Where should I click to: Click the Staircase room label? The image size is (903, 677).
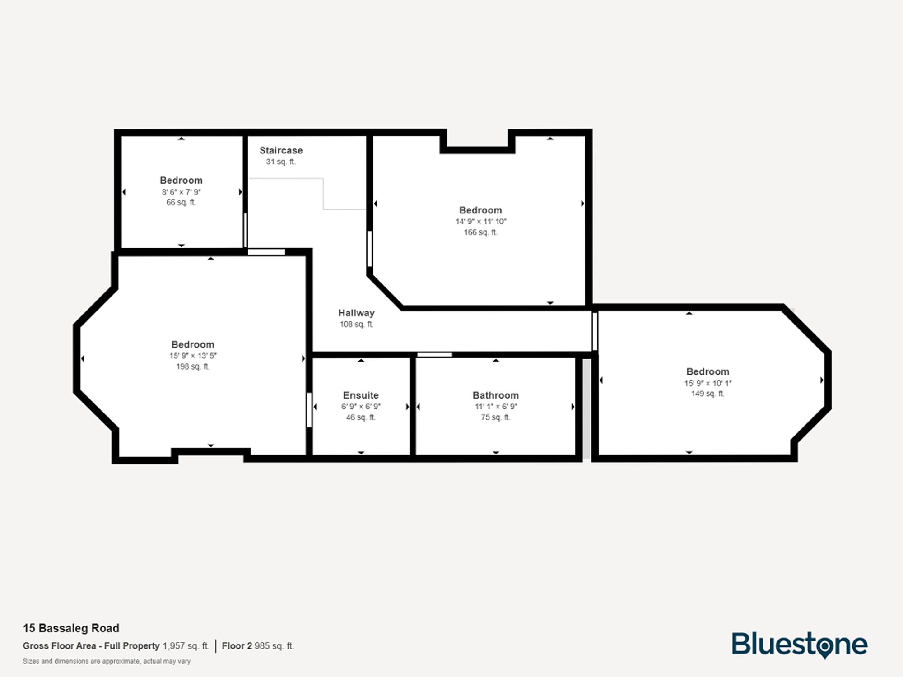[281, 150]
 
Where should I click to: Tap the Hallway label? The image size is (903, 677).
[356, 313]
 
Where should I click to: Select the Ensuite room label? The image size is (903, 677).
[361, 395]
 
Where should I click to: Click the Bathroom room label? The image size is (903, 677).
[495, 395]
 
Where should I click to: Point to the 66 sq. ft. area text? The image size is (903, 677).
[181, 203]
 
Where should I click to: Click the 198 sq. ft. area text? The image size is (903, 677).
[193, 367]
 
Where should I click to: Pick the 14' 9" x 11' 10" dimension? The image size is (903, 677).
[480, 222]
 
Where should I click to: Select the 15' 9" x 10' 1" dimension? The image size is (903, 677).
[708, 383]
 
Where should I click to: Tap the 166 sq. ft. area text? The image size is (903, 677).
[480, 232]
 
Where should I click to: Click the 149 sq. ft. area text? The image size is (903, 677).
[708, 394]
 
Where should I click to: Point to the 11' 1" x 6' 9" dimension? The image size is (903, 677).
[495, 407]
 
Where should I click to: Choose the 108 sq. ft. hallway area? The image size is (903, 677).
[356, 325]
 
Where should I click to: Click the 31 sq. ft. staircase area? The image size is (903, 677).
[280, 162]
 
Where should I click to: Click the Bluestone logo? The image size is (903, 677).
[799, 645]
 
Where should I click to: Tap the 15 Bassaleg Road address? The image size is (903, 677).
[71, 628]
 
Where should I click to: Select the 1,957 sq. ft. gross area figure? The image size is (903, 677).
[186, 646]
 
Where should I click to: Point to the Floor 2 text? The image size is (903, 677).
[237, 646]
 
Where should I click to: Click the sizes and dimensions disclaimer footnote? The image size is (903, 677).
[107, 662]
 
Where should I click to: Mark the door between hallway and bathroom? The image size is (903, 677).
[434, 355]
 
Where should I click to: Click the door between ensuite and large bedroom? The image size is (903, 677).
[309, 410]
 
